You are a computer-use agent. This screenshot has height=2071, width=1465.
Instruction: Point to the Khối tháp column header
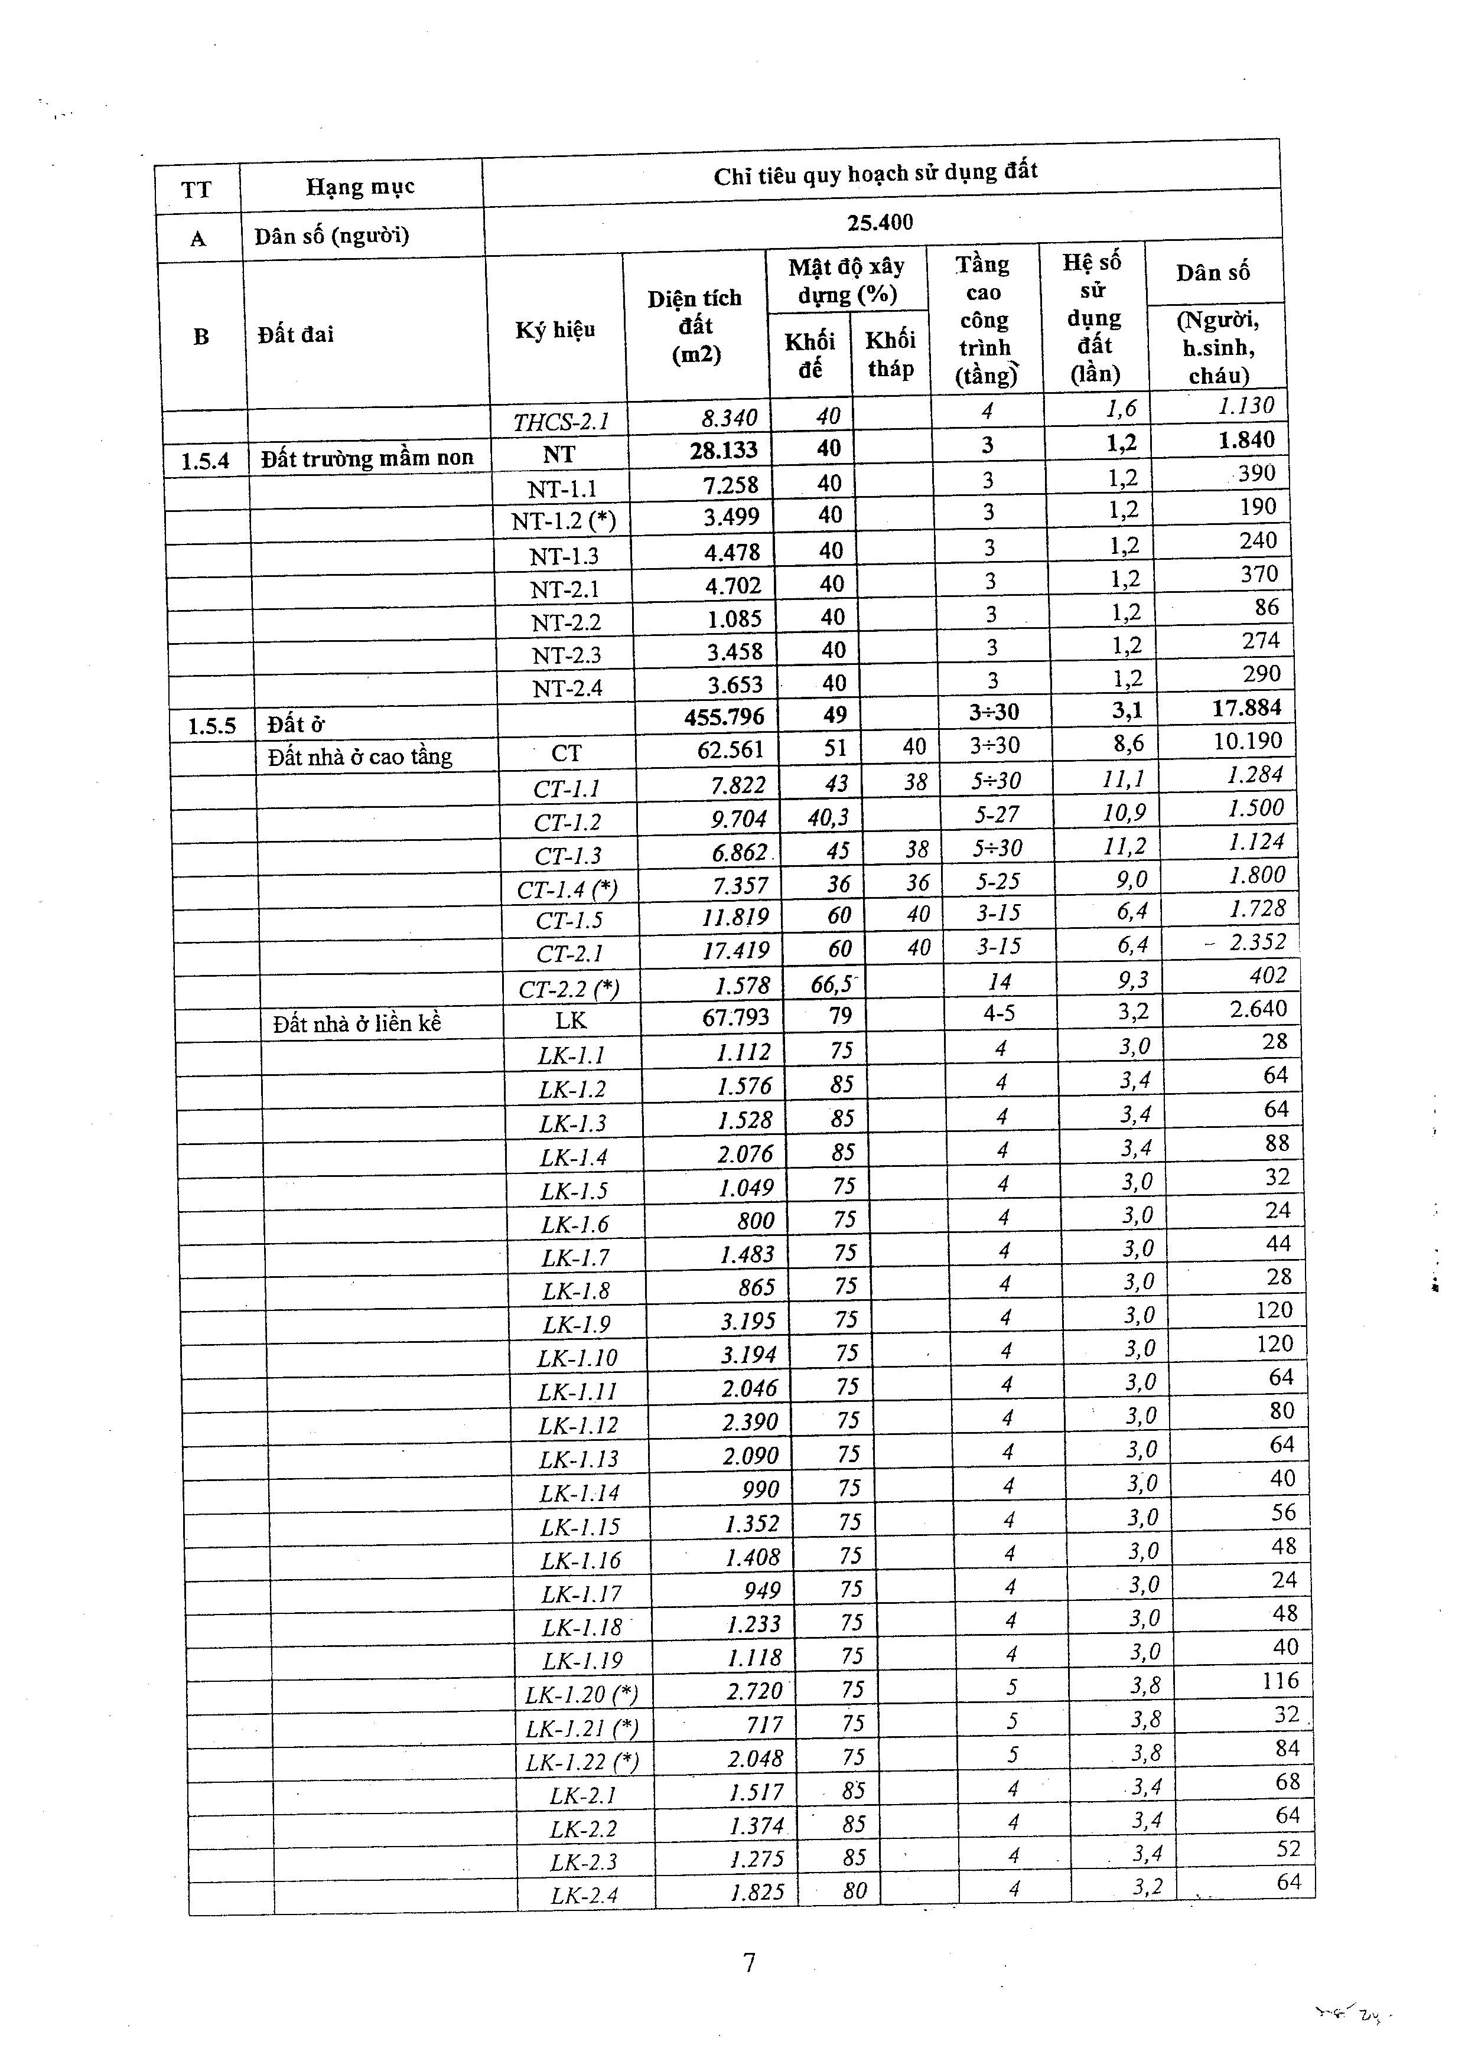click(x=890, y=354)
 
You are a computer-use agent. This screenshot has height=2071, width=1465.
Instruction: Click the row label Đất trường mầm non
click(x=367, y=458)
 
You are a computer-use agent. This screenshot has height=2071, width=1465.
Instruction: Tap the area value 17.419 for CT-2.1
click(x=736, y=950)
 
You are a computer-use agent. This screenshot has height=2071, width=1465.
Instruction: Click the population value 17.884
click(x=1246, y=707)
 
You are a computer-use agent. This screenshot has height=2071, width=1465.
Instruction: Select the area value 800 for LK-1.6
click(x=756, y=1221)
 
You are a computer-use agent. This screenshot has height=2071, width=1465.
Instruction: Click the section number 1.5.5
click(x=212, y=725)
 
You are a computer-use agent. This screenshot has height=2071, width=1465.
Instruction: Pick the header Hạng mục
click(x=360, y=187)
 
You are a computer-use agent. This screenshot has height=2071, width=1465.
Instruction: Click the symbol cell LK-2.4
click(x=585, y=1895)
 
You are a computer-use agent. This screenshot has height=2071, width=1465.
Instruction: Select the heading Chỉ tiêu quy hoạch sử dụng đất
click(x=875, y=172)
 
